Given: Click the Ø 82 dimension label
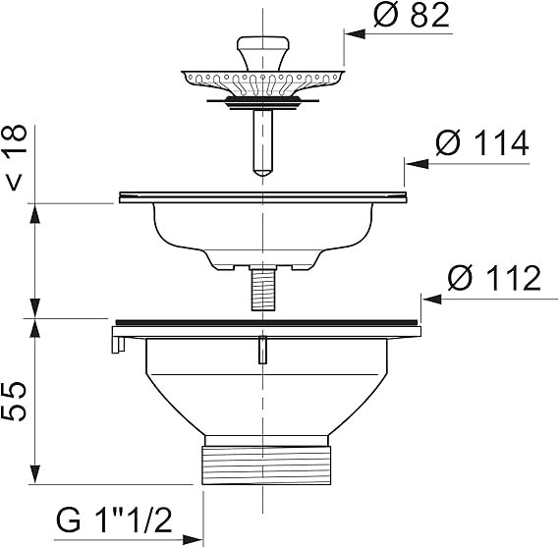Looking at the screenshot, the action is click(412, 16).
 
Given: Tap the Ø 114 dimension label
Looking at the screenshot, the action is click(482, 143).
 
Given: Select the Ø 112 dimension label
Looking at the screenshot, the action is click(494, 278).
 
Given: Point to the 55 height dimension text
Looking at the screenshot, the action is click(15, 402).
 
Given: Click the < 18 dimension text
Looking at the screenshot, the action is click(16, 157).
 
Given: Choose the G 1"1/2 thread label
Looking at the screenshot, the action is click(114, 521).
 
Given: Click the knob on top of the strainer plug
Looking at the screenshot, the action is click(263, 52).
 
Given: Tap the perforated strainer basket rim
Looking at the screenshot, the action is click(263, 82).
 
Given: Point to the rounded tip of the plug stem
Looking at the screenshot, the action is click(262, 172).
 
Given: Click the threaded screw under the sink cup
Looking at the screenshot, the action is click(262, 290).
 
